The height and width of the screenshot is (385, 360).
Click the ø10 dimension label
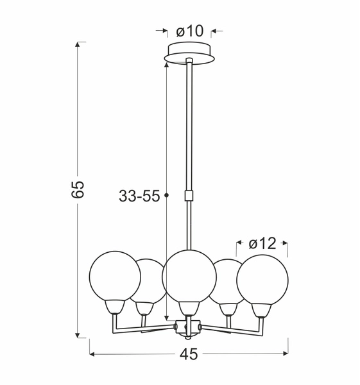tap(189, 30)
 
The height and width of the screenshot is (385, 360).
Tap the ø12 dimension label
tap(262, 243)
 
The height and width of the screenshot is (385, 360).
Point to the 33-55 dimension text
tap(139, 197)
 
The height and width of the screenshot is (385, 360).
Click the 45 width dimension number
tap(188, 354)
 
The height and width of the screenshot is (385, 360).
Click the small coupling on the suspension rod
tap(189, 195)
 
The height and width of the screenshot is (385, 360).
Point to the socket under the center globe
tap(187, 307)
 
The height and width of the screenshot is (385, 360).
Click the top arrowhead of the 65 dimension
tap(80, 45)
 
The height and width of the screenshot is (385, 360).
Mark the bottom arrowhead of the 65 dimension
tap(80, 334)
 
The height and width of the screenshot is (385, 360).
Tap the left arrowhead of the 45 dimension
tap(93, 354)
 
